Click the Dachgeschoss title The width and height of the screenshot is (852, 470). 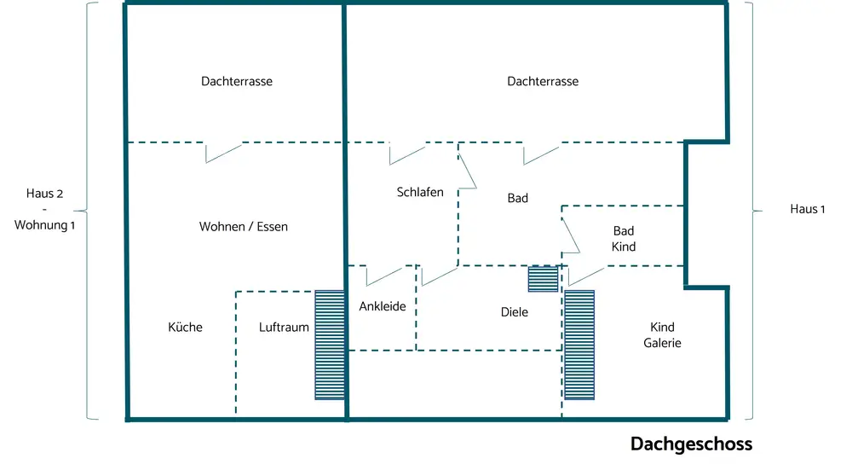point(691,444)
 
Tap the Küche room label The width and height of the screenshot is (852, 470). point(185,327)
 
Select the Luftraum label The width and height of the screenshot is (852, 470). point(284,327)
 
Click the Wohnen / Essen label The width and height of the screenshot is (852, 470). point(244,227)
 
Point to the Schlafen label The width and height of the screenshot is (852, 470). point(420,192)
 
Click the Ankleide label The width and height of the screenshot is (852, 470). point(383,306)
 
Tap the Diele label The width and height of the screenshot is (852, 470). point(514,312)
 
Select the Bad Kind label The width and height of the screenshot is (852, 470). point(624,239)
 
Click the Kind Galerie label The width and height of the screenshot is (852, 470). point(665,335)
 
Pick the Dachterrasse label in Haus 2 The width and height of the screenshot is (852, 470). point(237,82)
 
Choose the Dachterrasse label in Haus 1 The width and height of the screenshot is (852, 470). point(543,82)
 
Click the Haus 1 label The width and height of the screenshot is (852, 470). point(808,210)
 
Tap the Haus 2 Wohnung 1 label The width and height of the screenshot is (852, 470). point(44,210)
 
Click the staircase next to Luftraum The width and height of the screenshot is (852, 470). point(329,345)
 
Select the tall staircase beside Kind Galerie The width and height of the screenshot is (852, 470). point(579,345)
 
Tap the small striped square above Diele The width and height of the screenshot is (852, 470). point(543,279)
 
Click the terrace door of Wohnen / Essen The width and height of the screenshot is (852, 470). point(223,153)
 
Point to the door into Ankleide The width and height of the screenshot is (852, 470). point(383,276)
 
